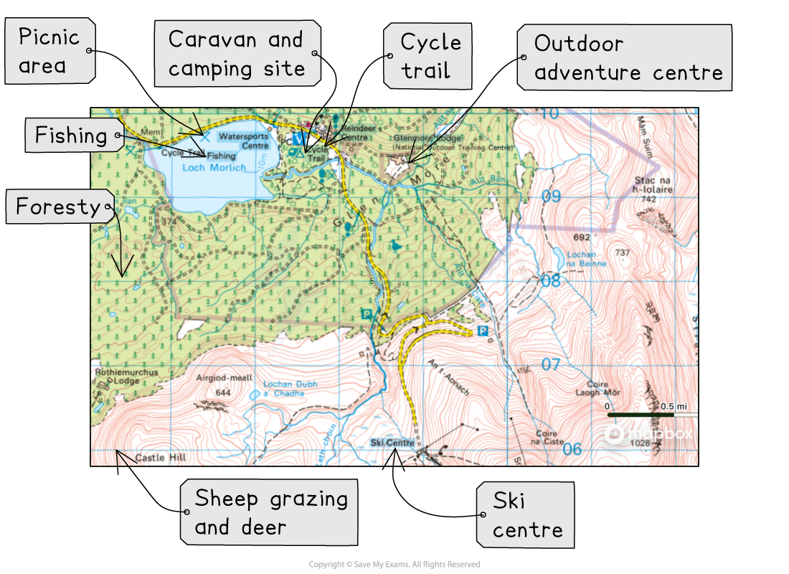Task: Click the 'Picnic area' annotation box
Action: pos(49,51)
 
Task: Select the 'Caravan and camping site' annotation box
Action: pos(237,54)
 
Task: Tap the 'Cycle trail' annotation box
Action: pos(427,57)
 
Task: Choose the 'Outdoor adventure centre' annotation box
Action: pos(624,58)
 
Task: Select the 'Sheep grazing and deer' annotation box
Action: pos(268,512)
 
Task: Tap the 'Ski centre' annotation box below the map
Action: pos(526,515)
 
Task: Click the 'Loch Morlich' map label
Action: pos(214,168)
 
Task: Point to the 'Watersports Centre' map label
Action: pos(244,140)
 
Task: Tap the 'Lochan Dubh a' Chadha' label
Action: pos(290,388)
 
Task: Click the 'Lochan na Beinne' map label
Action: pos(587,259)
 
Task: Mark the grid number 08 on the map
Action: pos(550,281)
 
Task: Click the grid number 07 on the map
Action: pos(550,365)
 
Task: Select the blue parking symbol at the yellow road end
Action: pos(482,331)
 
